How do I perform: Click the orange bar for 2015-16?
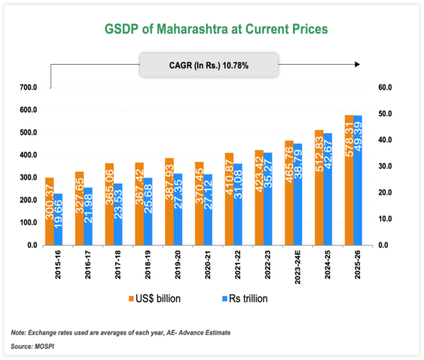coord(50,212)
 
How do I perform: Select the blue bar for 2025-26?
coord(358,181)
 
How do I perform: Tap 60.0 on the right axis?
coord(386,87)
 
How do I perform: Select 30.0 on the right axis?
coord(386,166)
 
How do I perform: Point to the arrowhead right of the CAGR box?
coord(355,66)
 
